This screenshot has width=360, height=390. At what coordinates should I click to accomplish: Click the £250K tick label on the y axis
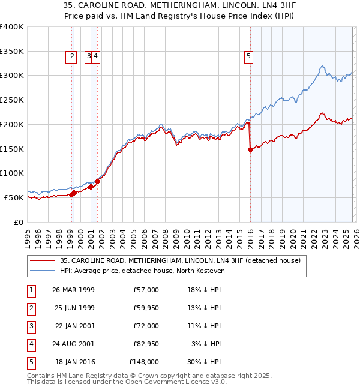[x=12, y=100]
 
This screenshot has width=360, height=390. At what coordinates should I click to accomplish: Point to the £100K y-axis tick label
[x=12, y=173]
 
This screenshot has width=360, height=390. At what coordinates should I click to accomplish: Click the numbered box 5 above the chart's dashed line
[x=248, y=57]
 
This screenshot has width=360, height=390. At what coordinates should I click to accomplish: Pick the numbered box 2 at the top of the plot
[x=72, y=57]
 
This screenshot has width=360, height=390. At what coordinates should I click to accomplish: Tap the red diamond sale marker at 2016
[x=250, y=150]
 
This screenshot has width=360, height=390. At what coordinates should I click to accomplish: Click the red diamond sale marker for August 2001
[x=97, y=181]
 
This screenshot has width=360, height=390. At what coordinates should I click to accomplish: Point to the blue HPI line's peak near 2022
[x=323, y=65]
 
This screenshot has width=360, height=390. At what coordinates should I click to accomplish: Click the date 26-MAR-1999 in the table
[x=73, y=290]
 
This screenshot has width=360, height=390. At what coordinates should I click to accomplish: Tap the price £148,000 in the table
[x=144, y=362]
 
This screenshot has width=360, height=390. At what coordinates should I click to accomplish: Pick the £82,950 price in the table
[x=146, y=344]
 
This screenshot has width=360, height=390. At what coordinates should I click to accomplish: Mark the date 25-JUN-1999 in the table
[x=73, y=308]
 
